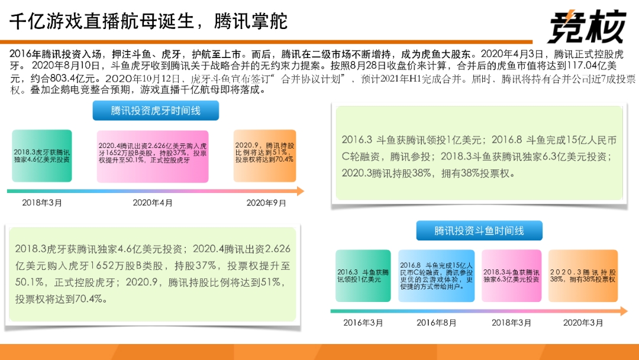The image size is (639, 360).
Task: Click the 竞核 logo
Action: tap(588, 27)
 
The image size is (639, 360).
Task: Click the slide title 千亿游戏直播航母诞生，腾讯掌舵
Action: tap(149, 21)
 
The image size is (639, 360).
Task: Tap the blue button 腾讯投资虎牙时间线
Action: tap(156, 111)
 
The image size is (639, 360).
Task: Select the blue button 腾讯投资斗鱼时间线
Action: tap(479, 231)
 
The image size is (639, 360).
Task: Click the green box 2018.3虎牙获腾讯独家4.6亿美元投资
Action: tap(42, 156)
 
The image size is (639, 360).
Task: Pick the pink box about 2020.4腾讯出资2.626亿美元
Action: tap(153, 156)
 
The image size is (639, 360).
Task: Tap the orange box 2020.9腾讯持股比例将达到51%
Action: tap(265, 156)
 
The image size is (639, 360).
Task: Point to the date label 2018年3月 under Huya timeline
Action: tap(42, 202)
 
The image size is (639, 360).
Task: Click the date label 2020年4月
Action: tap(153, 202)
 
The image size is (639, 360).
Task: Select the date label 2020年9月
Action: tap(266, 202)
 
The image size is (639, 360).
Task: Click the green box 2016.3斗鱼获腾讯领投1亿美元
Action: tap(363, 276)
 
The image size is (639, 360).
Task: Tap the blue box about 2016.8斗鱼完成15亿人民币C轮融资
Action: tap(437, 276)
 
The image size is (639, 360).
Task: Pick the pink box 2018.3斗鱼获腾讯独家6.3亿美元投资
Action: tap(511, 276)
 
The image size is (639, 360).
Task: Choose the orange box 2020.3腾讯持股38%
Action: tap(583, 276)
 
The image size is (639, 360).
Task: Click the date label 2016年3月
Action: tap(363, 323)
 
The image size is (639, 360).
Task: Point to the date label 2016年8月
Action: tap(437, 323)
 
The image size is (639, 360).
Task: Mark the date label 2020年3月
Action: tap(583, 323)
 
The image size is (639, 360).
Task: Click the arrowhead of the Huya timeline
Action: tap(301, 191)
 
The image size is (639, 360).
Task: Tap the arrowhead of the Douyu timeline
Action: tap(624, 311)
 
